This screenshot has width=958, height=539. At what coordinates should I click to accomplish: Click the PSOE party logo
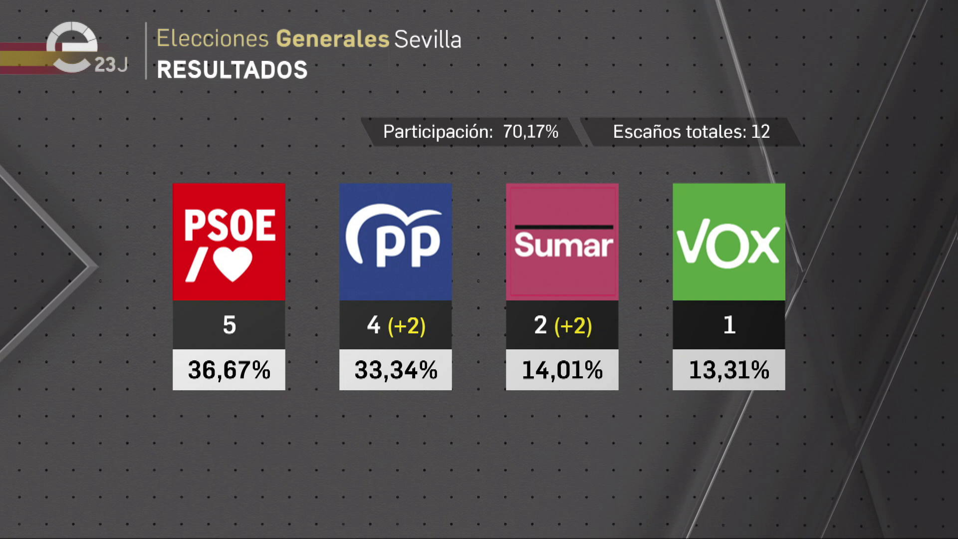(229, 242)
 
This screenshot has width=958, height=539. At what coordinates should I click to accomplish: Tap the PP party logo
(395, 242)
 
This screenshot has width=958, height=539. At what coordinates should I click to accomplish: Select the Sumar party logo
(562, 242)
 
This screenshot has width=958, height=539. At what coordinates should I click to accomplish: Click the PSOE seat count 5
(229, 325)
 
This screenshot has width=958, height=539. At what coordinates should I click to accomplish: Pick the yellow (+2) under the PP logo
(407, 326)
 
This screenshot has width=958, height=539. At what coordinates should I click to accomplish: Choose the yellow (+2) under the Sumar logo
(573, 326)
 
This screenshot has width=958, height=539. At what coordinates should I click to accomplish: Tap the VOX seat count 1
(729, 325)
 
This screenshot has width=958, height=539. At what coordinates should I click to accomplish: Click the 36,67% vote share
(229, 370)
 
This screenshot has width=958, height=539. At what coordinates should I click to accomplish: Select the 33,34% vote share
(396, 370)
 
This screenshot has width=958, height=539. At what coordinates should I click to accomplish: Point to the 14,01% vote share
(562, 370)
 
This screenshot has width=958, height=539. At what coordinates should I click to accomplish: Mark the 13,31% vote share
(729, 370)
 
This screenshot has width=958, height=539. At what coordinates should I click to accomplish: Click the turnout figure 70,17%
(530, 132)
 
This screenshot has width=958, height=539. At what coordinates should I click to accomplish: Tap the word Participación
(438, 132)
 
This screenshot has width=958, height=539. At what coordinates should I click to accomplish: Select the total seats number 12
(760, 132)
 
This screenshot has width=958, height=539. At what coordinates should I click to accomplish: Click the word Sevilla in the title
(428, 39)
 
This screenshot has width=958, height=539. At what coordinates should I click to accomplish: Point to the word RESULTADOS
(232, 70)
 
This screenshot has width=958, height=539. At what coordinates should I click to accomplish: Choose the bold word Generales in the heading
(332, 39)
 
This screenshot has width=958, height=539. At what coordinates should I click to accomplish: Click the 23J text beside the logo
(111, 65)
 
